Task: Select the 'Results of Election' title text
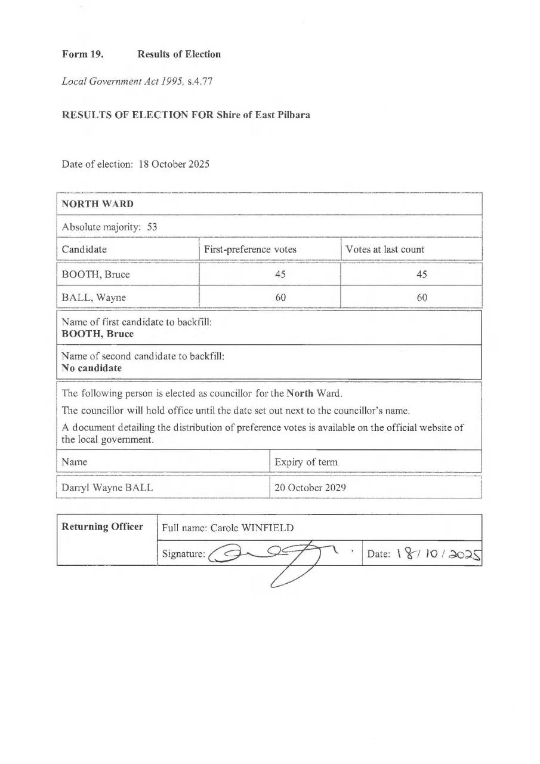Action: click(x=179, y=54)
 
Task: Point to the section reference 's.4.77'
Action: click(x=200, y=81)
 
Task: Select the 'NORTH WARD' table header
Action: click(x=98, y=204)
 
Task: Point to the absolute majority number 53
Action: click(x=152, y=227)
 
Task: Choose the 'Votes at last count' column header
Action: click(x=385, y=249)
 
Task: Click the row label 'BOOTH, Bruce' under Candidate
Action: click(x=96, y=275)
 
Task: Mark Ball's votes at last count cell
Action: click(x=422, y=297)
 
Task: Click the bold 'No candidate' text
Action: click(x=92, y=368)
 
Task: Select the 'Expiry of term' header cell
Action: click(x=306, y=462)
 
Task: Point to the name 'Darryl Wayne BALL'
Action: click(x=107, y=487)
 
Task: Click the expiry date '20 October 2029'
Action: click(x=310, y=487)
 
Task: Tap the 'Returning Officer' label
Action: click(x=103, y=526)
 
